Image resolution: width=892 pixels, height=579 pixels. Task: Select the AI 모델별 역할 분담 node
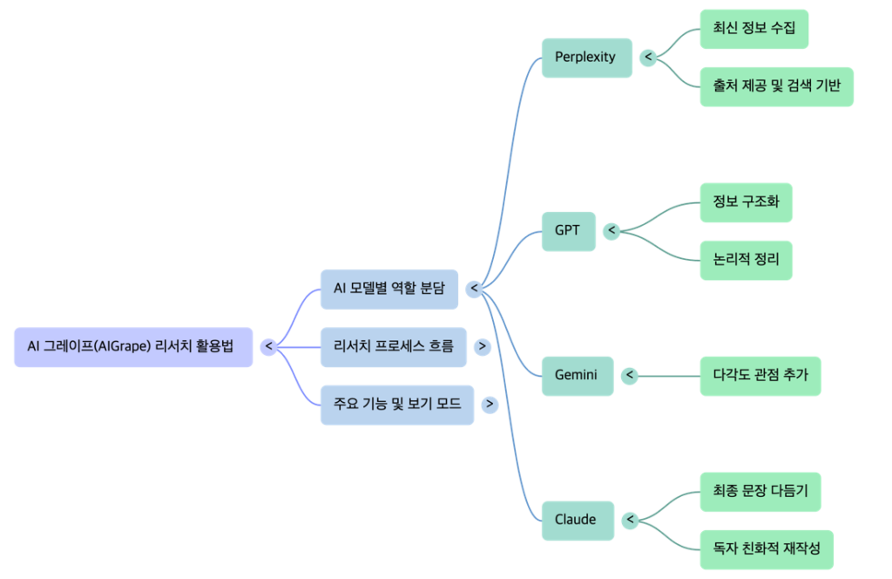tap(389, 289)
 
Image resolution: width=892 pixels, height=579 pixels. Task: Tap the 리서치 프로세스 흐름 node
tap(393, 346)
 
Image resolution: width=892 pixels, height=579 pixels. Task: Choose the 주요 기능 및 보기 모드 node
tap(396, 405)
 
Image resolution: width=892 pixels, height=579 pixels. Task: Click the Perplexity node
tap(586, 58)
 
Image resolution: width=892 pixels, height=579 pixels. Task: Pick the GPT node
tap(568, 231)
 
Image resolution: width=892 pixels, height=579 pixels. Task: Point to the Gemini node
tap(577, 376)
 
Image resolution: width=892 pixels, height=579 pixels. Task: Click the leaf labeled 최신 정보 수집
tap(754, 29)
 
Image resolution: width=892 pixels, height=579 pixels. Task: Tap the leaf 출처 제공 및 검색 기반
tap(777, 86)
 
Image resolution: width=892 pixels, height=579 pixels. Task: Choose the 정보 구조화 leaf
tap(747, 202)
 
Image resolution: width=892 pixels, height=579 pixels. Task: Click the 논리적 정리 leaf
tap(747, 260)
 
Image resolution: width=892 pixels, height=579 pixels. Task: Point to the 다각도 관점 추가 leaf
tap(760, 376)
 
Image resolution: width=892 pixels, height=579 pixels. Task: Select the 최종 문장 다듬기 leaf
tap(760, 491)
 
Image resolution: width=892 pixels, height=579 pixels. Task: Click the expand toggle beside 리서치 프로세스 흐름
tap(482, 346)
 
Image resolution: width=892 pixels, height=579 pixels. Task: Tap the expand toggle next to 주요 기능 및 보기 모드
tap(490, 405)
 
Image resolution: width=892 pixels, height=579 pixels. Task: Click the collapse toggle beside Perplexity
tap(648, 58)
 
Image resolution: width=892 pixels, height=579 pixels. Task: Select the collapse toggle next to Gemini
tap(629, 376)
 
